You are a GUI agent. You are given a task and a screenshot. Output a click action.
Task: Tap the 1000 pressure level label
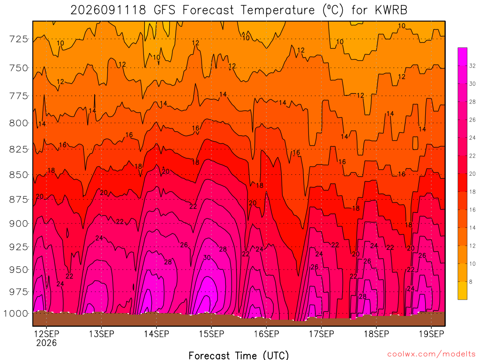(x=16, y=314)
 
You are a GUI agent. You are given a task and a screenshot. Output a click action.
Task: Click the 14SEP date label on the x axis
(x=157, y=334)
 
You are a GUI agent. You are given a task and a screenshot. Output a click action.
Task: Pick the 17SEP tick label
(x=322, y=334)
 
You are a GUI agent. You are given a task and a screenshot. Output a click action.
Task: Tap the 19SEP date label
(x=431, y=334)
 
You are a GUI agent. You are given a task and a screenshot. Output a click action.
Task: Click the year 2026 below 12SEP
(x=46, y=343)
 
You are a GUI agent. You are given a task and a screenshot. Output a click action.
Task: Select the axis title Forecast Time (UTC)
(x=239, y=355)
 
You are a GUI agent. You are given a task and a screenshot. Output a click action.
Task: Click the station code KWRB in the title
(x=391, y=10)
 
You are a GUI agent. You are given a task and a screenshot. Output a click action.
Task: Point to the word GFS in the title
(x=165, y=10)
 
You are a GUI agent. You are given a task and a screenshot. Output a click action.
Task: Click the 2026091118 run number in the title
(x=108, y=10)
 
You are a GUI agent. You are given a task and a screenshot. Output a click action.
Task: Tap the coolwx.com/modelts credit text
(x=431, y=354)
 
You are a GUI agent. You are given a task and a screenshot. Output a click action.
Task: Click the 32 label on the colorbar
(x=472, y=66)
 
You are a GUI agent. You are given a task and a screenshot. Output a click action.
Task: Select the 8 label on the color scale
(x=471, y=282)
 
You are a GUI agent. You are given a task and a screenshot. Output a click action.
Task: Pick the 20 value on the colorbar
(x=472, y=174)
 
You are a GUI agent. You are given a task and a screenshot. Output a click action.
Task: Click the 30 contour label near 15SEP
(x=207, y=258)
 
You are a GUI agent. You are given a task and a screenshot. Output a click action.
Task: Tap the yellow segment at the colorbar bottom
(x=462, y=290)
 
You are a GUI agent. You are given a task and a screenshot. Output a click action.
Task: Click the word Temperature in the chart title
(x=277, y=10)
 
